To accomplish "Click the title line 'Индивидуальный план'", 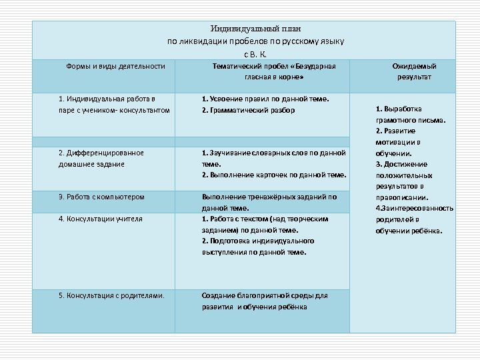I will click(x=255, y=29).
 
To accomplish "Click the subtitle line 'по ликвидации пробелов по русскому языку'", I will click(x=255, y=41).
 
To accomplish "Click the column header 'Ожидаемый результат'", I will click(x=414, y=71).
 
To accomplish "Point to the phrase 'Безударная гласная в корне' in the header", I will click(x=274, y=72).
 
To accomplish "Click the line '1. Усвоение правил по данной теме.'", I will click(x=265, y=99).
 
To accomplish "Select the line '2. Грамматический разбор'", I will click(x=248, y=110).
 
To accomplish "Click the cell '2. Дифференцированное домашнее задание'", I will click(x=101, y=158).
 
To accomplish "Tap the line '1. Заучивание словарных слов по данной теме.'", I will click(x=273, y=158).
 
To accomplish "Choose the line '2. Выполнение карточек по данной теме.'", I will click(x=273, y=175).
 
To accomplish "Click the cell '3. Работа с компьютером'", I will click(x=101, y=197).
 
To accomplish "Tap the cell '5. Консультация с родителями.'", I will click(x=111, y=295).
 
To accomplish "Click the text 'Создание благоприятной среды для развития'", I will click(x=265, y=301).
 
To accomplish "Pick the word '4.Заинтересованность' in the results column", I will click(x=414, y=208).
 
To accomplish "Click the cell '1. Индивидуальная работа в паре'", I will click(x=114, y=104).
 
